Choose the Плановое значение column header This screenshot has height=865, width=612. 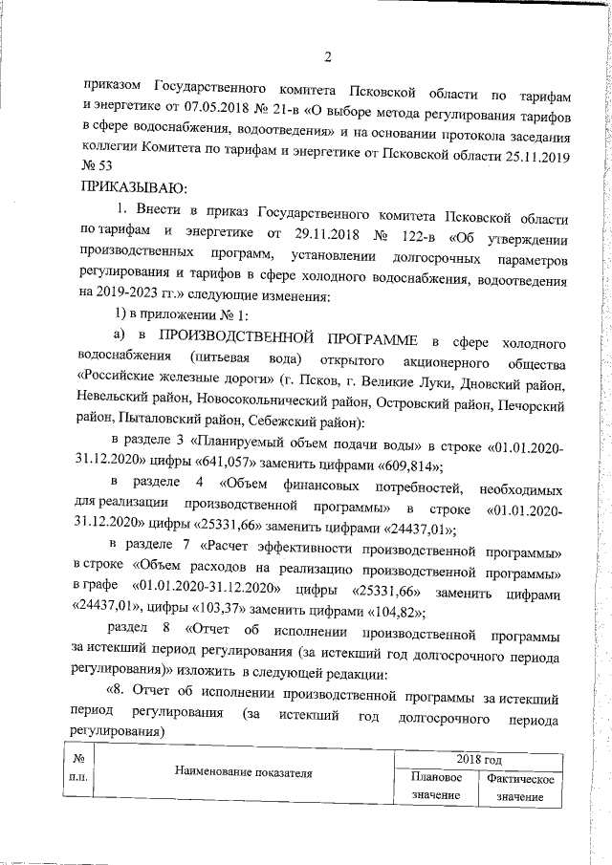click(x=438, y=788)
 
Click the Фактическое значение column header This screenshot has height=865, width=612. click(x=520, y=788)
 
